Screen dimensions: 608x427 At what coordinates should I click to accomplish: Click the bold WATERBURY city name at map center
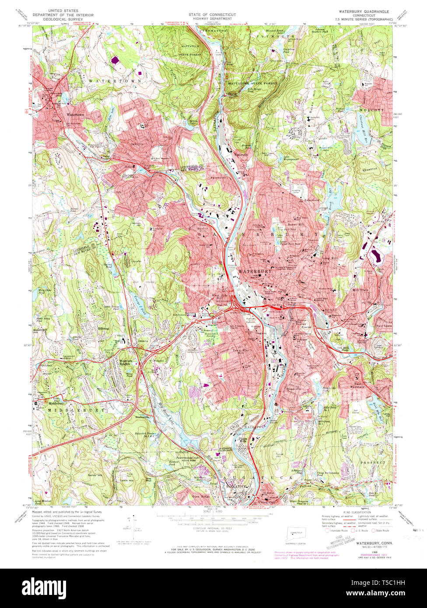(255, 271)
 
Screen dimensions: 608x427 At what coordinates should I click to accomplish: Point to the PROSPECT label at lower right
(373, 462)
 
